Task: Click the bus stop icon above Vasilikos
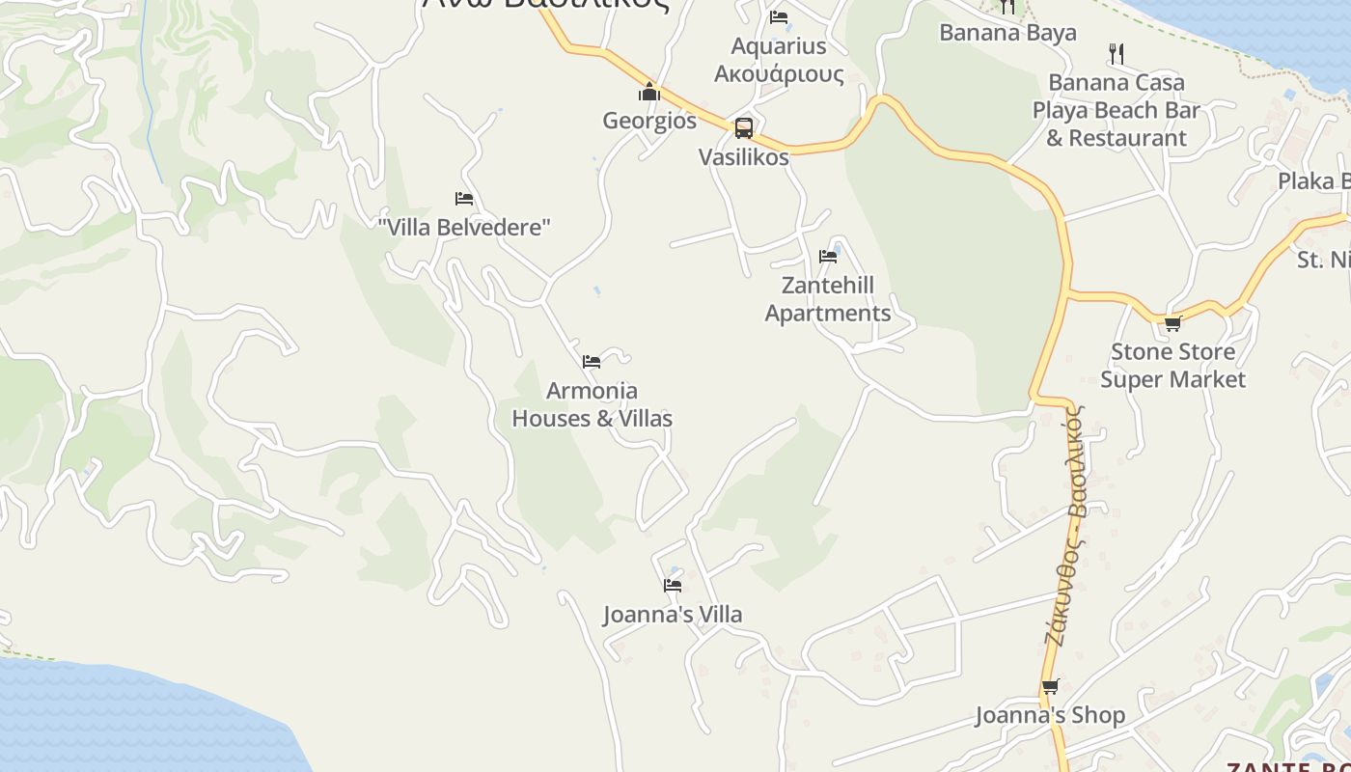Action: point(743,127)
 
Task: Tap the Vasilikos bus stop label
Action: point(743,157)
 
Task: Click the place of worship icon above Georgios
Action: point(649,93)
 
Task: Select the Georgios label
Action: point(649,121)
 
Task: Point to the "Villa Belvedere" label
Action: point(464,228)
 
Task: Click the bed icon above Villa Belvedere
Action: point(464,199)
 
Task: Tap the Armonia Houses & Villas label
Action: point(592,404)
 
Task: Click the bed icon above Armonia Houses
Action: point(592,362)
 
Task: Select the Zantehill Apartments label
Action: point(828,299)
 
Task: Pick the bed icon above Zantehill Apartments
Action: point(828,257)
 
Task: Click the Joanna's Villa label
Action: point(673,615)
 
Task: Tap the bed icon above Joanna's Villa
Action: point(673,586)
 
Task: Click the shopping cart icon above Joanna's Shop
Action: point(1050,687)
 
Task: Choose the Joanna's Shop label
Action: point(1050,715)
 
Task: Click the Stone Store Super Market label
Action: point(1172,366)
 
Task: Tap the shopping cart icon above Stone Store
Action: point(1172,323)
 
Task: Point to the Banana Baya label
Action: point(1007,33)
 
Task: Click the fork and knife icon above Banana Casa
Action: point(1117,53)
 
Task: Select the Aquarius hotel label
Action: point(779,60)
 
